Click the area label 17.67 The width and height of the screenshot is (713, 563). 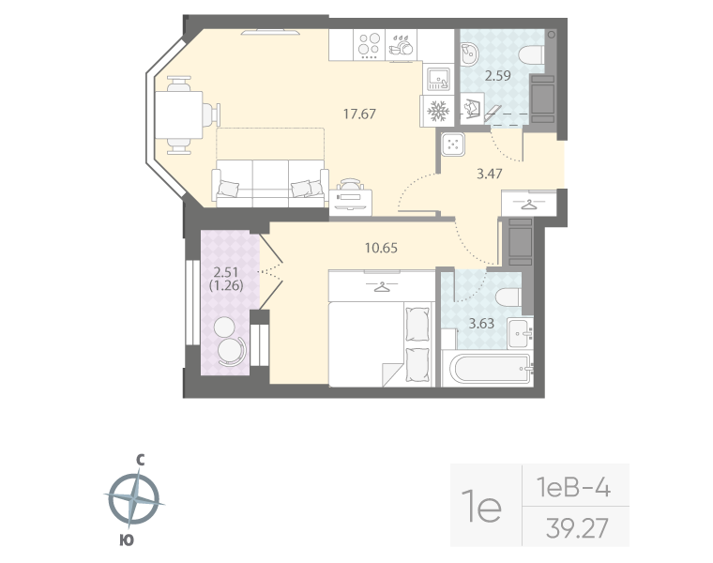point(359,114)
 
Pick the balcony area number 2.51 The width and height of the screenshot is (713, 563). point(229,274)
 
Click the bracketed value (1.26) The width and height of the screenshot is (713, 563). point(228,287)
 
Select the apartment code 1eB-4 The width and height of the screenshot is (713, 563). point(574,487)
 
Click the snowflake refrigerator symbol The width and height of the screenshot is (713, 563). point(437,112)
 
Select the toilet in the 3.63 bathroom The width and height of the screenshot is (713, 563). point(507,298)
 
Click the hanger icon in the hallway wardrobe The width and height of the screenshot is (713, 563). point(531,202)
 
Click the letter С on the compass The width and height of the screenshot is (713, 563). point(139,460)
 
